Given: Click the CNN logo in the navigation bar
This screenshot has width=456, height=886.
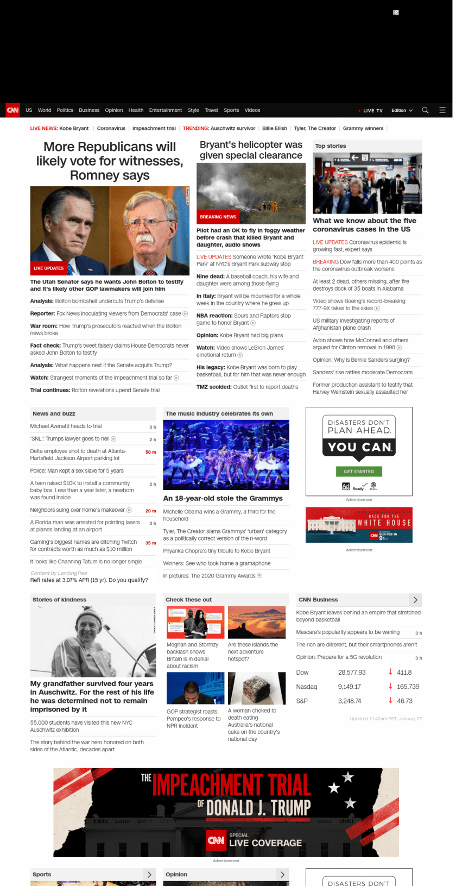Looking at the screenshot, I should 12,110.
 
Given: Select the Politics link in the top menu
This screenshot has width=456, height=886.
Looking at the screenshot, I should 65,110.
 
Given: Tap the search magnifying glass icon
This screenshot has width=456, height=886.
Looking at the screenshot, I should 425,110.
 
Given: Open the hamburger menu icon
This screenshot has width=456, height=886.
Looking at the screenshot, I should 442,110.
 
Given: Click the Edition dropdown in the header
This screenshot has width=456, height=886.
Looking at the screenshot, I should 402,110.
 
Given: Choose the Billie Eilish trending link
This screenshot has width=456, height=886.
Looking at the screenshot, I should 275,129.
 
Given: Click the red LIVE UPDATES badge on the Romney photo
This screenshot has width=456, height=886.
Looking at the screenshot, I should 49,268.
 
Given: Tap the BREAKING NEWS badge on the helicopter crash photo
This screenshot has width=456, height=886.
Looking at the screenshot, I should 218,217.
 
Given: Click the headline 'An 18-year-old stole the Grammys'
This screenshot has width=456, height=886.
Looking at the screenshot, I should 223,498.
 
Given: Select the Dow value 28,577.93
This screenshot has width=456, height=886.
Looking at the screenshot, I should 352,673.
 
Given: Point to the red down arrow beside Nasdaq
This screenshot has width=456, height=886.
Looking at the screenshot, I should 390,686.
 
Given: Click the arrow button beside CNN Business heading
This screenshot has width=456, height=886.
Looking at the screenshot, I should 415,600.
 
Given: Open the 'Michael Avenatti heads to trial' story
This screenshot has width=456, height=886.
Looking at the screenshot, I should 66,426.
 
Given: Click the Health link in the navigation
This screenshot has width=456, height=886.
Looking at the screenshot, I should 136,110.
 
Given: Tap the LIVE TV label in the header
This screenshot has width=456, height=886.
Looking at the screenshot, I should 372,110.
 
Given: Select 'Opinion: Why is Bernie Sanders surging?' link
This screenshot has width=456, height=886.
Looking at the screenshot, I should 361,360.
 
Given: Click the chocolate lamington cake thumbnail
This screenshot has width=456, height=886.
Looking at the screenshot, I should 257,688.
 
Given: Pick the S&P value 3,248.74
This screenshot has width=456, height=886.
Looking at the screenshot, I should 350,701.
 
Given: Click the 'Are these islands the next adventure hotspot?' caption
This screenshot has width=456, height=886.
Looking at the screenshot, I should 253,651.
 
